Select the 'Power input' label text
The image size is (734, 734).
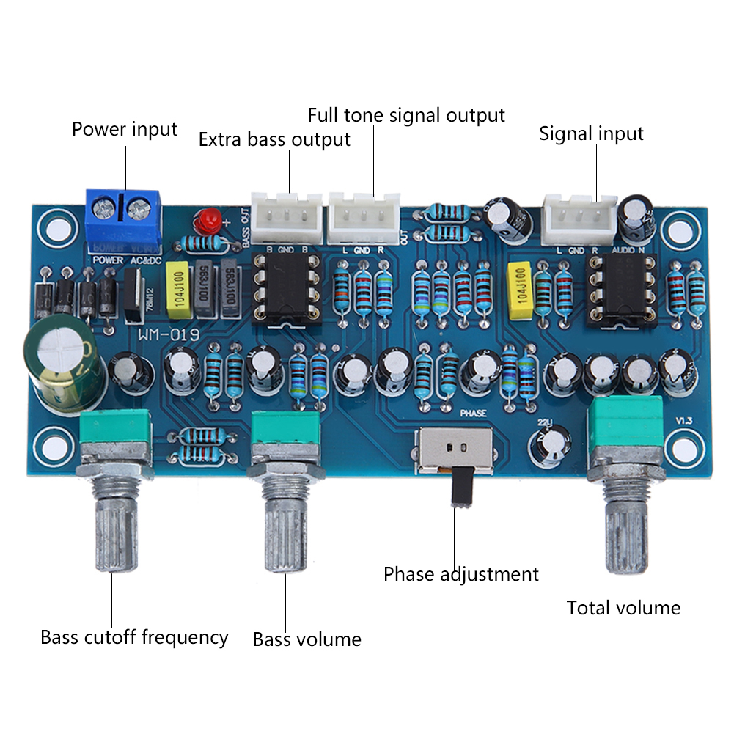[124, 130]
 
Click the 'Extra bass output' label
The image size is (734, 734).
[274, 139]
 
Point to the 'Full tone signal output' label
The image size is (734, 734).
[406, 115]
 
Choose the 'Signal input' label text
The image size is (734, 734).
[591, 134]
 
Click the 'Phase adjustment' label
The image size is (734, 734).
[460, 573]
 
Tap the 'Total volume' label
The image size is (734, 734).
[623, 608]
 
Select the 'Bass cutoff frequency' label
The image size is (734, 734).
[134, 636]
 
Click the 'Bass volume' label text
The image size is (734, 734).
[307, 639]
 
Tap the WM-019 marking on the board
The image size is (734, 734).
[165, 335]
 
